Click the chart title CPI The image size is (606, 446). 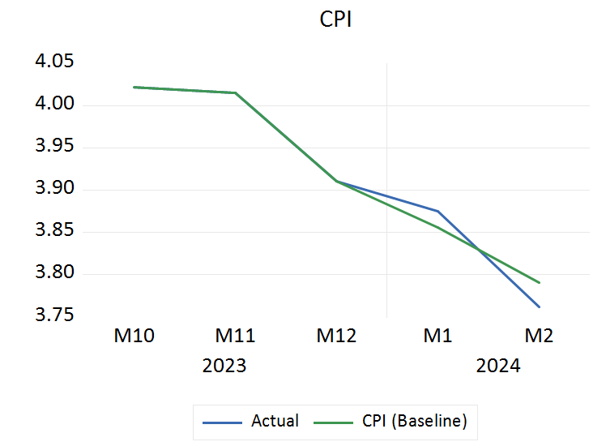[335, 19]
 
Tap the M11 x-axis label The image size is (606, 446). [235, 336]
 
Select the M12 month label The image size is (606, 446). [336, 336]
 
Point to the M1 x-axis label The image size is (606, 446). [437, 336]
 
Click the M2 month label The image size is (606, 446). [539, 336]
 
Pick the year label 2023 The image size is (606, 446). [224, 366]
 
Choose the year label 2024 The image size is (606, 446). [498, 366]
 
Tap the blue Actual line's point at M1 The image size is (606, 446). [438, 211]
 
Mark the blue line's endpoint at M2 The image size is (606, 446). [540, 307]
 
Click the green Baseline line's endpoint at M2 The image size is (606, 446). [540, 283]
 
